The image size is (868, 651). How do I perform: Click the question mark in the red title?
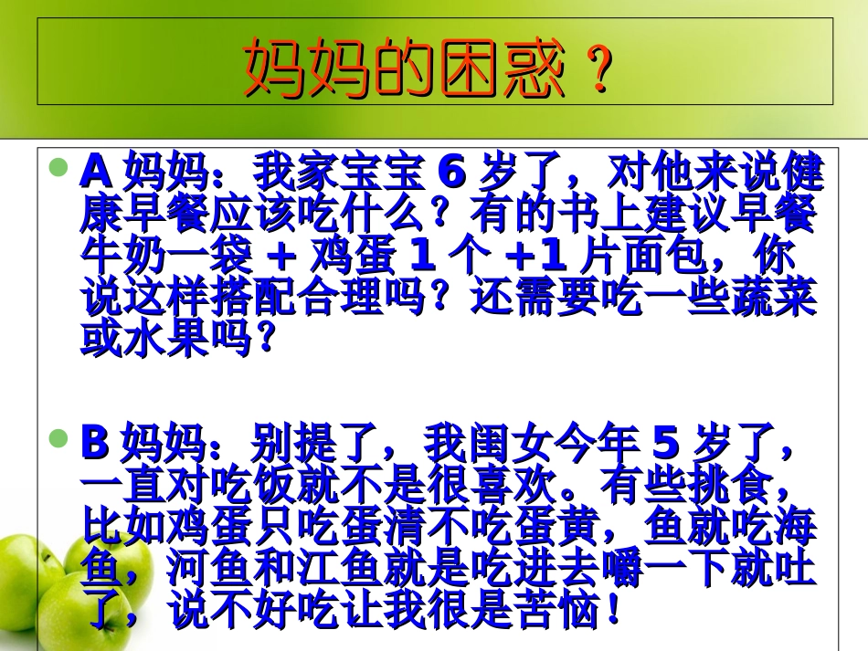(598, 70)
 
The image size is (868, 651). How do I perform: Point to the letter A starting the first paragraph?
(96, 170)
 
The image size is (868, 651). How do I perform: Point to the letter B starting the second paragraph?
(96, 444)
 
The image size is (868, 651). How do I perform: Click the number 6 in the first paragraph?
(453, 170)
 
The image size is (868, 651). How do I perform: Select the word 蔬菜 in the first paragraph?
(773, 299)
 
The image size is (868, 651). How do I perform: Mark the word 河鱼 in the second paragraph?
(209, 570)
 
